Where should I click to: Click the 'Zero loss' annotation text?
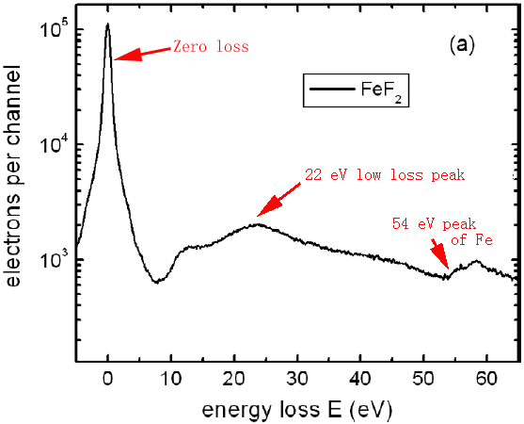coord(209,46)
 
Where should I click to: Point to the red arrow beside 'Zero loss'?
coord(141,53)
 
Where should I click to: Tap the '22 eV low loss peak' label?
coord(385,174)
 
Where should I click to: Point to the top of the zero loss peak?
coord(108,24)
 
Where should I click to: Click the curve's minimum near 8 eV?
coord(159,282)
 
